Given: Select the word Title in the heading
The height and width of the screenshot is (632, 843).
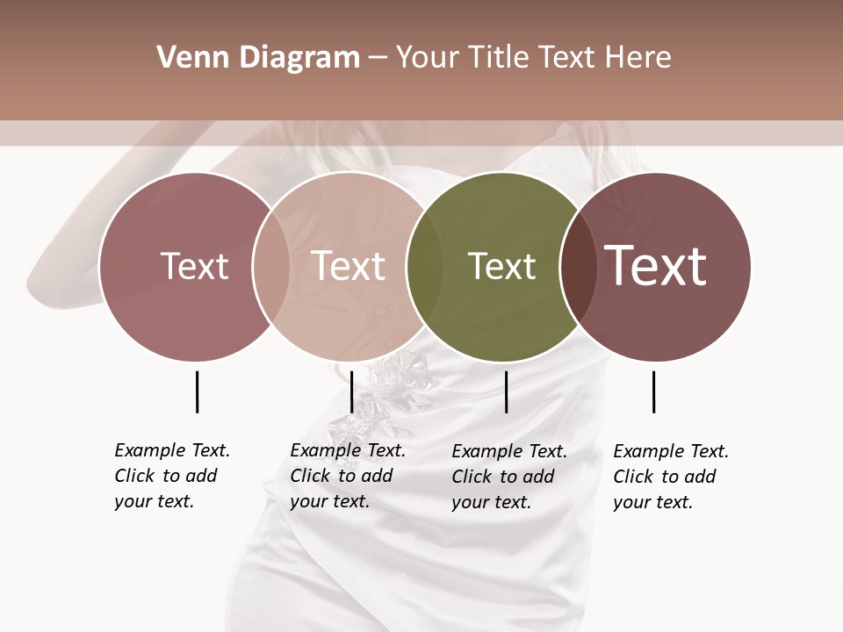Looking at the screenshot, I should [x=498, y=58].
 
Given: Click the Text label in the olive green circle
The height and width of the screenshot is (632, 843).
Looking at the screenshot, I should [x=501, y=266].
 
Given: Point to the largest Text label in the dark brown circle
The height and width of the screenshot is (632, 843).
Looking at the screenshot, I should [x=656, y=266].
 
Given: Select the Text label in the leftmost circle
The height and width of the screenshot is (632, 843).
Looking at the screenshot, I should [x=194, y=266].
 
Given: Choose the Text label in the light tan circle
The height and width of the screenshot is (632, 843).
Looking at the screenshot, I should [x=348, y=266].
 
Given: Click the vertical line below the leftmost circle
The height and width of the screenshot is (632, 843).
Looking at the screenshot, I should [x=197, y=391].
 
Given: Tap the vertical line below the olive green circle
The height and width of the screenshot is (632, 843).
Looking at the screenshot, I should [x=506, y=391].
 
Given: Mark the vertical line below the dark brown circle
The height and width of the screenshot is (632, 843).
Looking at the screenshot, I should [x=653, y=391].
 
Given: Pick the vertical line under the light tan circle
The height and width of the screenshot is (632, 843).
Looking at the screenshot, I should [x=351, y=391].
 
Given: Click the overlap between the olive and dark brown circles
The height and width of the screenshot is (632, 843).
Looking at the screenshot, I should [x=576, y=266].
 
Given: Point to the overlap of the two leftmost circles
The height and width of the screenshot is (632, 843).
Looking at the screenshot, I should [x=271, y=266].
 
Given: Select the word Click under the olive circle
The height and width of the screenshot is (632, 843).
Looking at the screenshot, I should [x=472, y=477].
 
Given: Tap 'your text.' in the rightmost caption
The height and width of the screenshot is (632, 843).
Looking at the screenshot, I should [x=652, y=502].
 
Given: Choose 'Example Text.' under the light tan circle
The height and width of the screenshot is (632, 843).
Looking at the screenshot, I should [x=348, y=450].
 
